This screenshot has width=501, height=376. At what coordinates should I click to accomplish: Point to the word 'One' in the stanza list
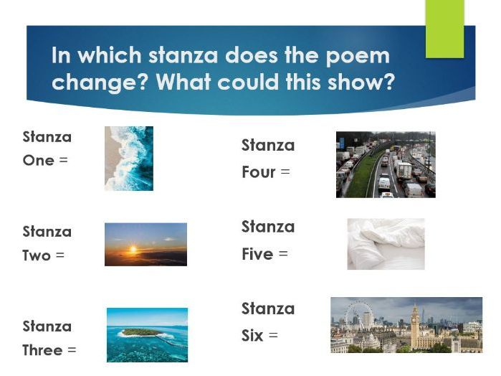39,160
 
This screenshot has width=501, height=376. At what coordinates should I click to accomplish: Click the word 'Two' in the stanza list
37,255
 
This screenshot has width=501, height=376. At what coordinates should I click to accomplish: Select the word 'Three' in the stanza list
42,350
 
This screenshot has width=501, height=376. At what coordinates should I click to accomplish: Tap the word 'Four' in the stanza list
259,172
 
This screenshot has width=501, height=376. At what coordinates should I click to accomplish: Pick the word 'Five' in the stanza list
257,254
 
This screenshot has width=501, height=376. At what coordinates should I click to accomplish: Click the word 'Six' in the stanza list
252,335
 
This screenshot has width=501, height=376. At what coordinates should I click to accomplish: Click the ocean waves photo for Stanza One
129,158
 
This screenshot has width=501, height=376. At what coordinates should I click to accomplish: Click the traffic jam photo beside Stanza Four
386,164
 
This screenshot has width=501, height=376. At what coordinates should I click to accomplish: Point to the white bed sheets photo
386,244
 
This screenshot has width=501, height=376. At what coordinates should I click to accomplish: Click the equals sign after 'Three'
72,350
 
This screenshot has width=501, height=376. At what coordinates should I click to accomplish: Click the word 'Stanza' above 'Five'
268,227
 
